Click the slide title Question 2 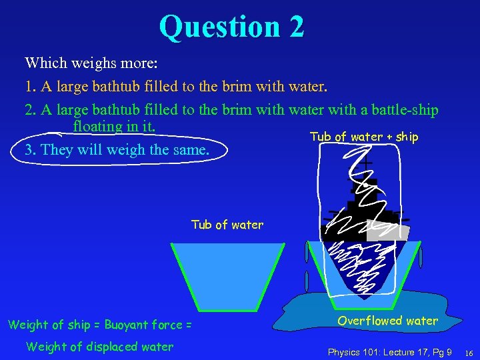231,27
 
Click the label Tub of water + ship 364,137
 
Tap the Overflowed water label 387,321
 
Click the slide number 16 469,352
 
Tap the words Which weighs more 91,63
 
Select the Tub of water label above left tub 227,225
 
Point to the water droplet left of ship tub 307,254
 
